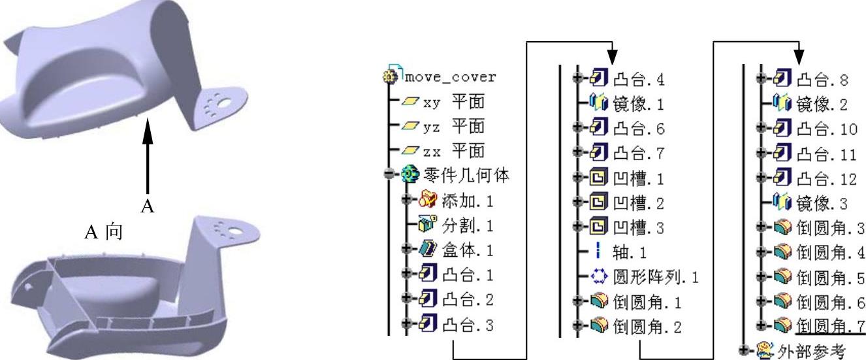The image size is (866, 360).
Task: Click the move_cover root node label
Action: (x=450, y=77)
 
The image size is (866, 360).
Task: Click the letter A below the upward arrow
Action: (x=148, y=206)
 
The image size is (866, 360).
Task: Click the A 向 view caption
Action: (x=104, y=233)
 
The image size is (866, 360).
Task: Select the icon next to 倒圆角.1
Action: (x=601, y=301)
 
